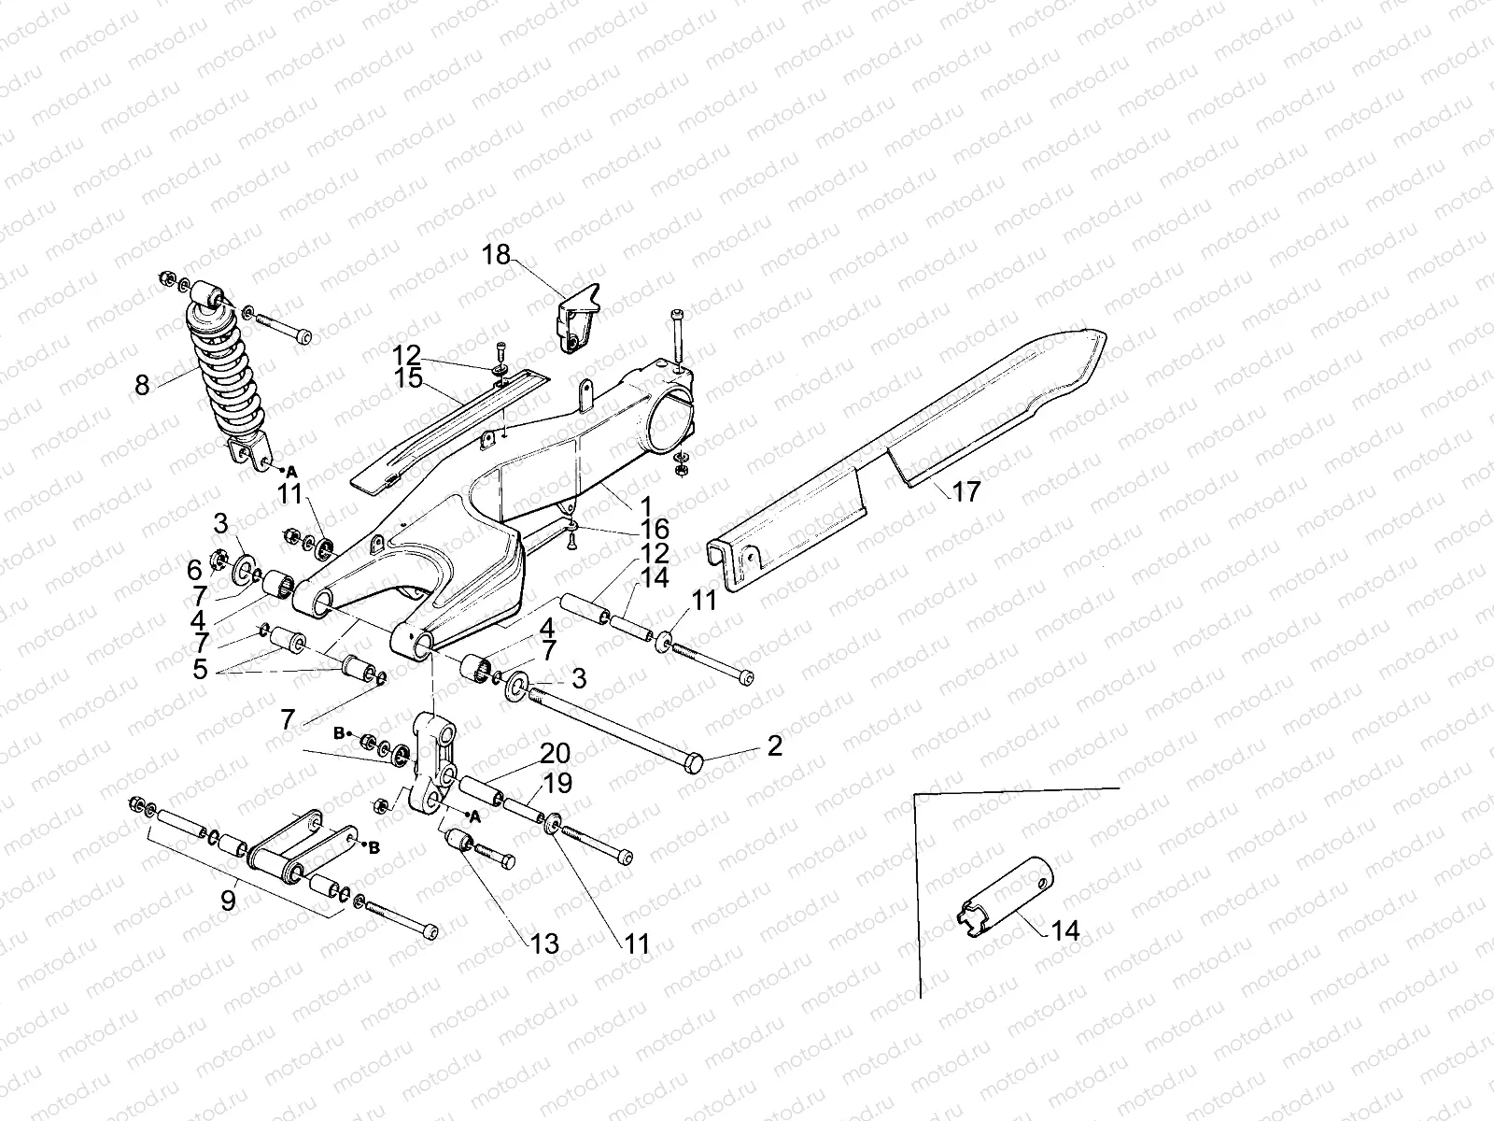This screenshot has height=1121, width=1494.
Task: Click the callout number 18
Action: click(497, 254)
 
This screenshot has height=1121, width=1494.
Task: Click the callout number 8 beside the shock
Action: click(142, 385)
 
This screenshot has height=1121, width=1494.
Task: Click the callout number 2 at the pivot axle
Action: click(774, 746)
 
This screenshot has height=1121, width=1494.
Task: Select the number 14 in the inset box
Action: click(1064, 930)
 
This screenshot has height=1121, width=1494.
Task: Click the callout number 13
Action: click(543, 944)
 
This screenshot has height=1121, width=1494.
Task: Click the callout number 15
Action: click(408, 378)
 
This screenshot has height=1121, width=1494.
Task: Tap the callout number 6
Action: click(194, 569)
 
